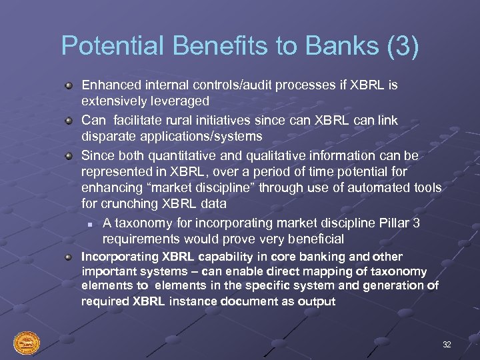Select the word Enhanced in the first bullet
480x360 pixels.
click(110, 85)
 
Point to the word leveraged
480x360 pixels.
click(179, 101)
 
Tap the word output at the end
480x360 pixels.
click(317, 301)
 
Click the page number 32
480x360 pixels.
click(447, 345)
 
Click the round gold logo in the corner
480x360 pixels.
click(27, 343)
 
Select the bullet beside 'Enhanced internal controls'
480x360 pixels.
click(69, 86)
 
